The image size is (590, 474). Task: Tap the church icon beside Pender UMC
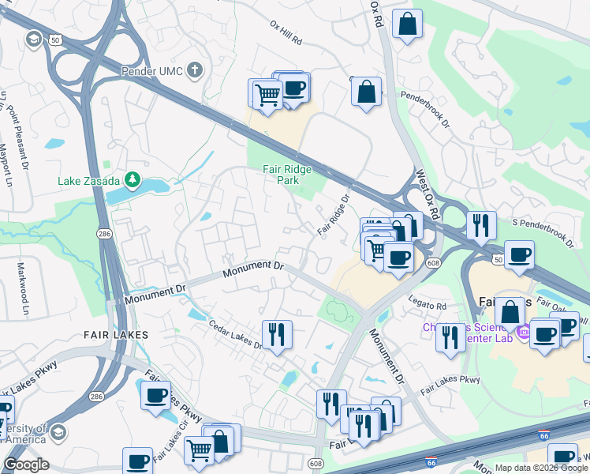pos(195,71)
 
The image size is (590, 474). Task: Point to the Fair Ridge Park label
pos(287,175)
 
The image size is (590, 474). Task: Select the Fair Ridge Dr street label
pos(334,216)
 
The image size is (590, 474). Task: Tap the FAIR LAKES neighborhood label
pos(116,335)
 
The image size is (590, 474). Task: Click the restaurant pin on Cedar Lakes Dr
pos(276,334)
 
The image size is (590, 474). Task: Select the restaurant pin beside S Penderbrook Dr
pos(480,226)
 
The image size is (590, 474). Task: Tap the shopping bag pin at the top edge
pos(407,24)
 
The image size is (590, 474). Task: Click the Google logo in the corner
pos(26,465)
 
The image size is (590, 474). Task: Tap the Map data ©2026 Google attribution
pos(541,468)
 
